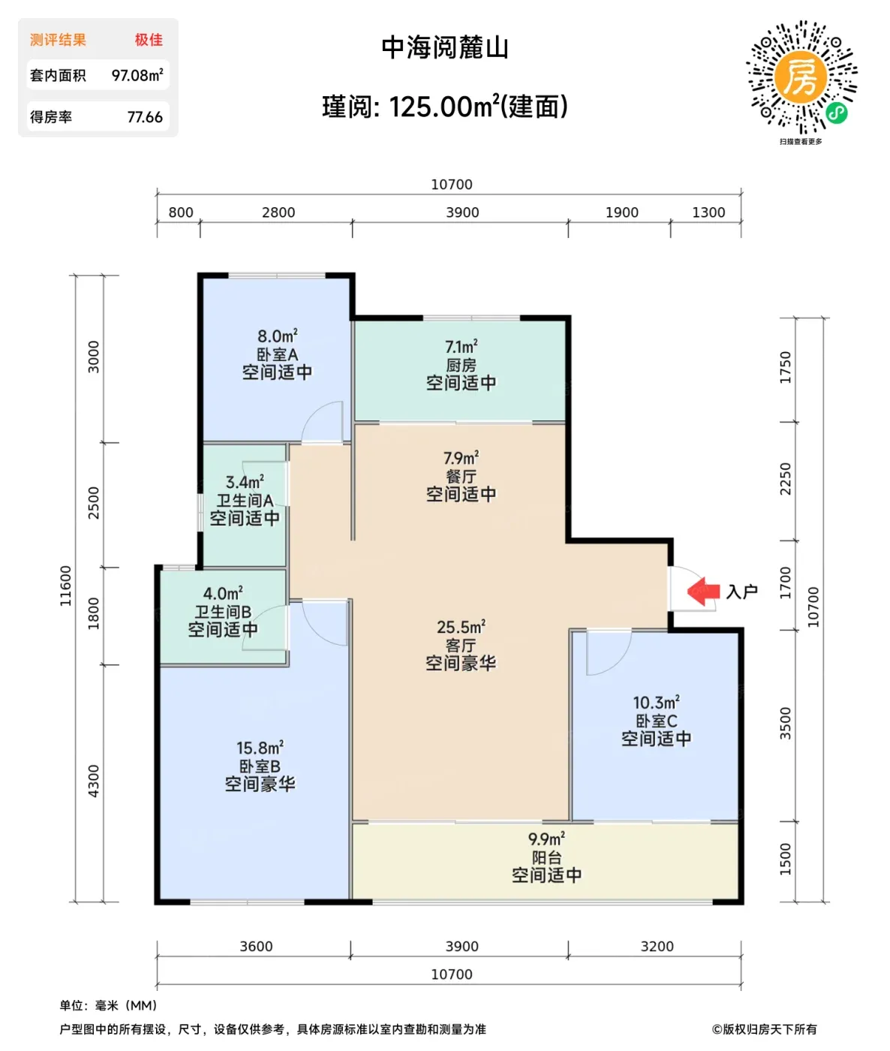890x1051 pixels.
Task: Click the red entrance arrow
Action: tap(703, 592)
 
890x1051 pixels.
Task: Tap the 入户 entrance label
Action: tap(741, 592)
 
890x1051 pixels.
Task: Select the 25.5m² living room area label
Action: tap(461, 627)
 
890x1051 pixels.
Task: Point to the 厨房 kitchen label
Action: tap(461, 365)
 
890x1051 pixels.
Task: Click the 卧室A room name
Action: tap(277, 354)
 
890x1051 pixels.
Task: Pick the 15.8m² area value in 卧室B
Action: tap(260, 748)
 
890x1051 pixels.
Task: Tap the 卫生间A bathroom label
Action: tap(245, 500)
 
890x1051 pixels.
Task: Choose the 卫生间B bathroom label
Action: tap(223, 612)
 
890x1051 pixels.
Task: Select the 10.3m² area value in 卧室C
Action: tap(656, 703)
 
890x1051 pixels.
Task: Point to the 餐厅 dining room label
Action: tap(461, 477)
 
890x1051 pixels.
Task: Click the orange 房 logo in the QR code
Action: tap(801, 77)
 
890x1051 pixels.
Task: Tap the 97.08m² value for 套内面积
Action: tap(137, 75)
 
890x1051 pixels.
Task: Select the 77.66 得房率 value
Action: tap(145, 117)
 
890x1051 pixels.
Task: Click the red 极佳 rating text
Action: tap(149, 40)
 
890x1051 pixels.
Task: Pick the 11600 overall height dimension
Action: tap(65, 586)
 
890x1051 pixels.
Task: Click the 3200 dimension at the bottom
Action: tap(657, 946)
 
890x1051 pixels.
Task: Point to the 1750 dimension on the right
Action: tap(785, 367)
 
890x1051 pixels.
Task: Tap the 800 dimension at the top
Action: tap(181, 212)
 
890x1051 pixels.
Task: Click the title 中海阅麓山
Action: tap(445, 48)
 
